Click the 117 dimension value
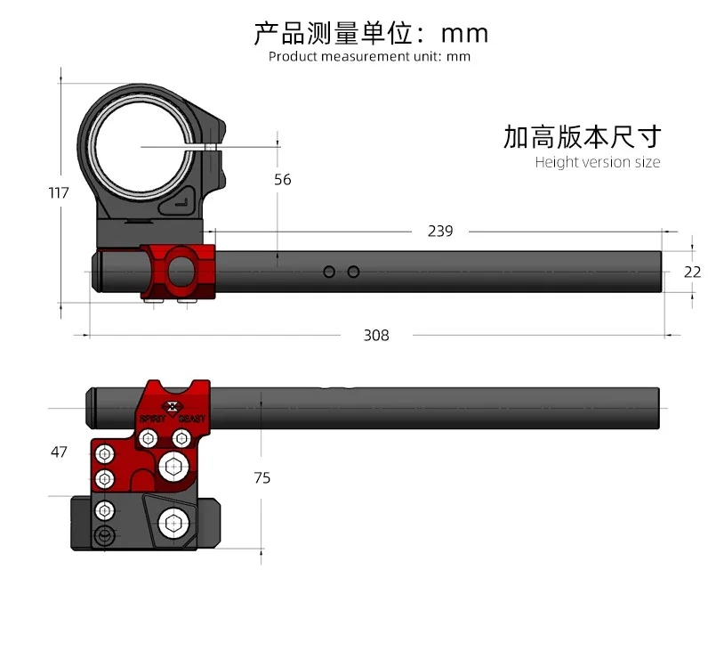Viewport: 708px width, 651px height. click(x=59, y=193)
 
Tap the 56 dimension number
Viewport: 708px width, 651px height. click(x=283, y=180)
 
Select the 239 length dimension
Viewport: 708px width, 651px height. click(x=440, y=231)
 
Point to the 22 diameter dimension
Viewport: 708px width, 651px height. click(x=692, y=273)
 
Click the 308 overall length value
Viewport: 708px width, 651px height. click(x=376, y=336)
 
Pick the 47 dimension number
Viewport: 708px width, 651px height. click(x=59, y=452)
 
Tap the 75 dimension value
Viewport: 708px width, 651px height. click(x=261, y=478)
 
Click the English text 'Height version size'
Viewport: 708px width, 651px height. click(x=598, y=162)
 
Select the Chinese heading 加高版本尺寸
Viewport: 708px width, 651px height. click(x=583, y=137)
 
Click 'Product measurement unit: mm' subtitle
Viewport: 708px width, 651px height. click(x=369, y=56)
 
